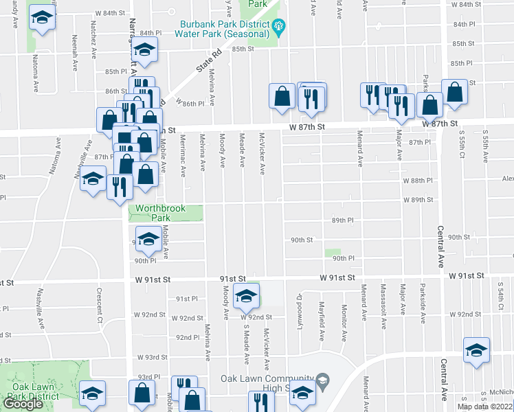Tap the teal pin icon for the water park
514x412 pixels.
click(279, 27)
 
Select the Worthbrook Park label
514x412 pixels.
click(152, 212)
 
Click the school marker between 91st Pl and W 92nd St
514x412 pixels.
click(245, 296)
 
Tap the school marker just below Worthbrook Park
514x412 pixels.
click(147, 239)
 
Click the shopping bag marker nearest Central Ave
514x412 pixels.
click(454, 93)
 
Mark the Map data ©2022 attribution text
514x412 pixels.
click(485, 407)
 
